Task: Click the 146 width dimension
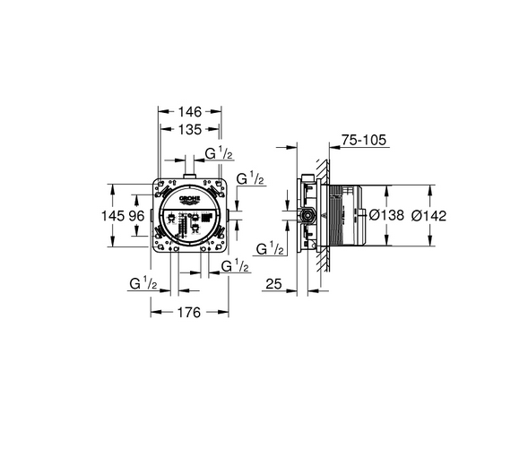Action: click(189, 111)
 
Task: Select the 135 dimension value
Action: click(189, 129)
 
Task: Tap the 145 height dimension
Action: click(113, 215)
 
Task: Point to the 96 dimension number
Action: click(136, 215)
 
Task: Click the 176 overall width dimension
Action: click(189, 313)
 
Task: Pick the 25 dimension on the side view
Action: click(273, 284)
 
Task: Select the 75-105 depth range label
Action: click(364, 140)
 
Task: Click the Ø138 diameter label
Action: click(386, 215)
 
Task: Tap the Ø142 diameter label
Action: click(428, 216)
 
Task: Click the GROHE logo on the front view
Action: click(189, 200)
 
